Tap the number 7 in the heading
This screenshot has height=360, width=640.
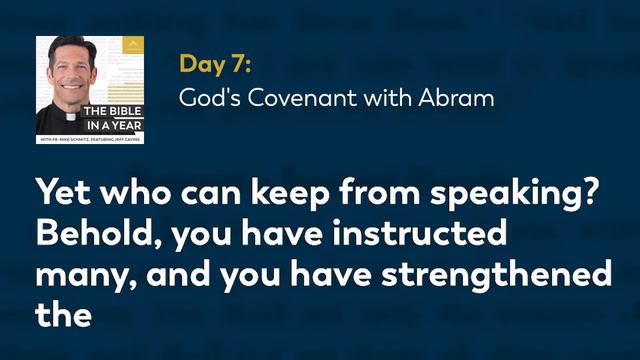[240, 64]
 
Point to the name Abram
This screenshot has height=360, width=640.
[457, 99]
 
